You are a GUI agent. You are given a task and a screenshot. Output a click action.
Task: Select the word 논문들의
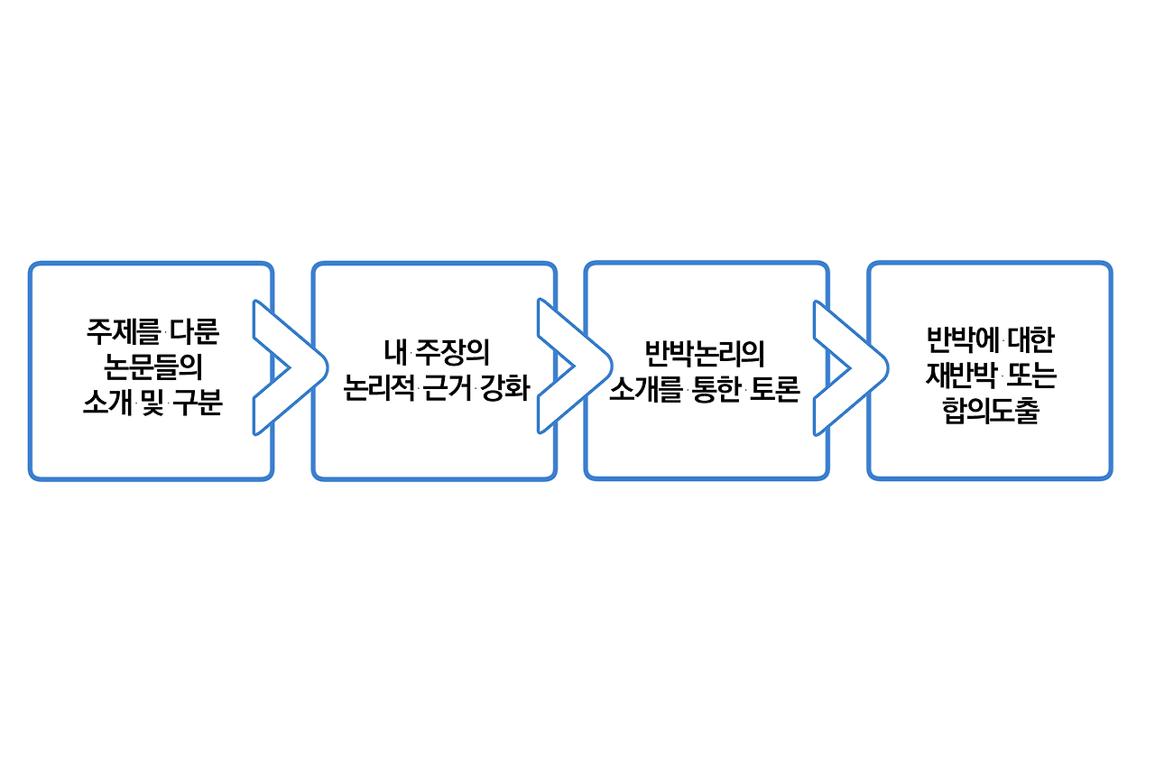pyautogui.click(x=152, y=368)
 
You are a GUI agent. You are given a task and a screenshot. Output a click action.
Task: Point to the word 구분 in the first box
pyautogui.click(x=198, y=404)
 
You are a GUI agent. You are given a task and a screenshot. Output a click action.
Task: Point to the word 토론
pyautogui.click(x=776, y=389)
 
